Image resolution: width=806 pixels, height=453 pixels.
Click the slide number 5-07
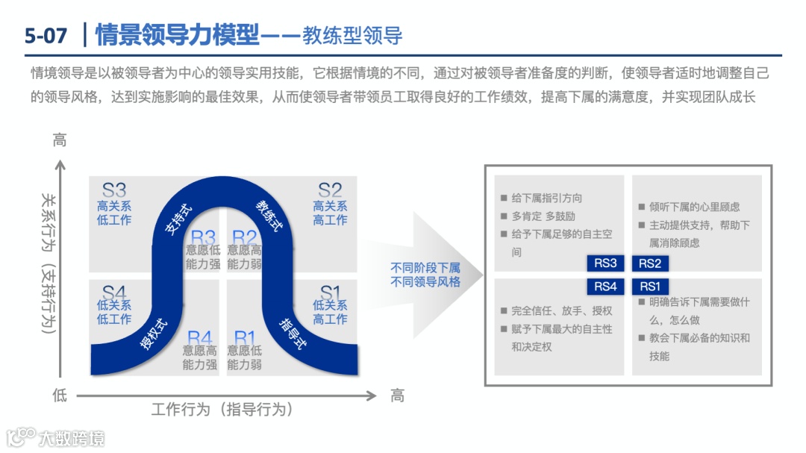click(x=46, y=35)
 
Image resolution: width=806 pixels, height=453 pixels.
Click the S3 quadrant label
click(x=114, y=190)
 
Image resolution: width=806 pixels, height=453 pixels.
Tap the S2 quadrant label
click(x=329, y=190)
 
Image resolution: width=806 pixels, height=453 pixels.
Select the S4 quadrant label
click(x=114, y=292)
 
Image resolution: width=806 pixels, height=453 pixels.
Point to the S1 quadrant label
click(x=329, y=292)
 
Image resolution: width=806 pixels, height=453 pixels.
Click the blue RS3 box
click(x=605, y=263)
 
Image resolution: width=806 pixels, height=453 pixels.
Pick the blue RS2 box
click(x=650, y=263)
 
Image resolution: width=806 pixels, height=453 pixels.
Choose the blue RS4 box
click(x=605, y=287)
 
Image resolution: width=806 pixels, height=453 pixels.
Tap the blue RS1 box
click(x=650, y=287)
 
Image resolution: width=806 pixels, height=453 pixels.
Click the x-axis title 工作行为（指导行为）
click(x=222, y=410)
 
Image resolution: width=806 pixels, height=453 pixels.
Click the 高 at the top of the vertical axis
click(x=60, y=140)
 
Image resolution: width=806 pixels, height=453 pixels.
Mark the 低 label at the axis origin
click(x=60, y=396)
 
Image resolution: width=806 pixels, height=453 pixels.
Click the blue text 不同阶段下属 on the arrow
click(x=425, y=268)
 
